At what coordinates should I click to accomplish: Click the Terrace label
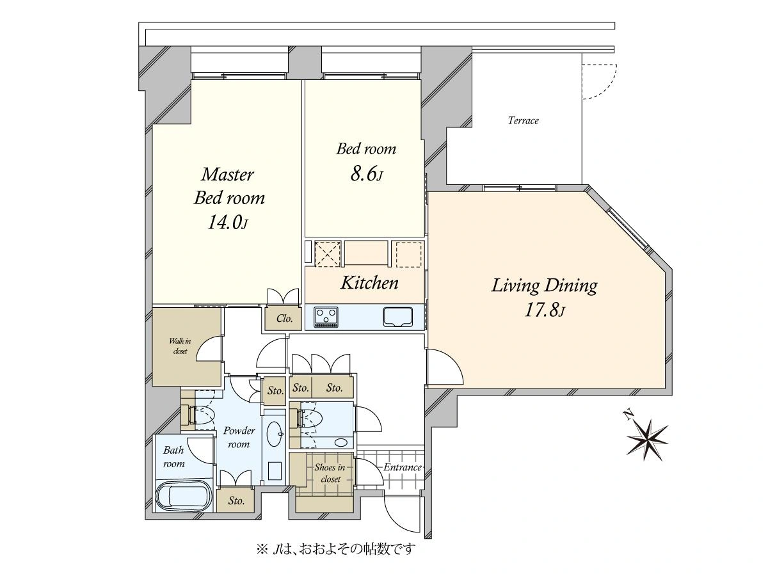[523, 121]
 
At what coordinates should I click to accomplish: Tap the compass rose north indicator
[646, 439]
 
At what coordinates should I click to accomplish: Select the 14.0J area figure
[228, 222]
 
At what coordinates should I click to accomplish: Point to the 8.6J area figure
[365, 174]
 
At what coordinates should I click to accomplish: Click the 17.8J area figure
[545, 310]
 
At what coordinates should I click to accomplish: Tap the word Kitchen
[369, 283]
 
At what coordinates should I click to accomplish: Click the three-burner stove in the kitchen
[326, 317]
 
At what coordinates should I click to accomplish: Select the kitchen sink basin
[398, 317]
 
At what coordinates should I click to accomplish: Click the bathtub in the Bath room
[184, 497]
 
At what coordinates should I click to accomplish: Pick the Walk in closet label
[180, 346]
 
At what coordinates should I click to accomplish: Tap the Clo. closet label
[284, 319]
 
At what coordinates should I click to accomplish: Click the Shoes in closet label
[330, 473]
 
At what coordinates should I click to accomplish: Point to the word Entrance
[403, 467]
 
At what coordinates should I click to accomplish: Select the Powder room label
[239, 437]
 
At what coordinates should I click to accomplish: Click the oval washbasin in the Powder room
[275, 434]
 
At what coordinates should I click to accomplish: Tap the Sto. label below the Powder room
[236, 501]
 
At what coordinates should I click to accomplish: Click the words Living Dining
[545, 286]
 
